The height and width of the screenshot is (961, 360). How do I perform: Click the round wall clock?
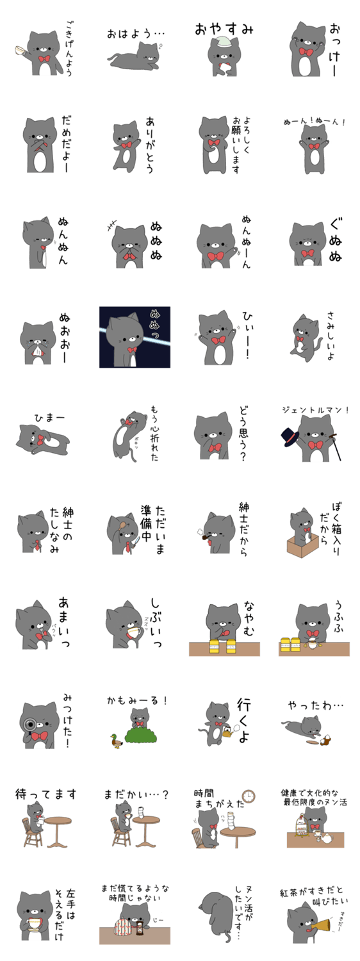point(249,796)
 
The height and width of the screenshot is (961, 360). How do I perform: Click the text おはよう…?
point(136,33)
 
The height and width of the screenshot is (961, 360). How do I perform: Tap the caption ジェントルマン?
point(315,410)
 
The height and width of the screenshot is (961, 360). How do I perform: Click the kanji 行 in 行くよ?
point(243,705)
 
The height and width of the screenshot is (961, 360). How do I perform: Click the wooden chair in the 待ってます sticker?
point(31,832)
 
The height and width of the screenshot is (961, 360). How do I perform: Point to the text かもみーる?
point(137,701)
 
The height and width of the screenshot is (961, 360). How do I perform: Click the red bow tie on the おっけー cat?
point(306,52)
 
